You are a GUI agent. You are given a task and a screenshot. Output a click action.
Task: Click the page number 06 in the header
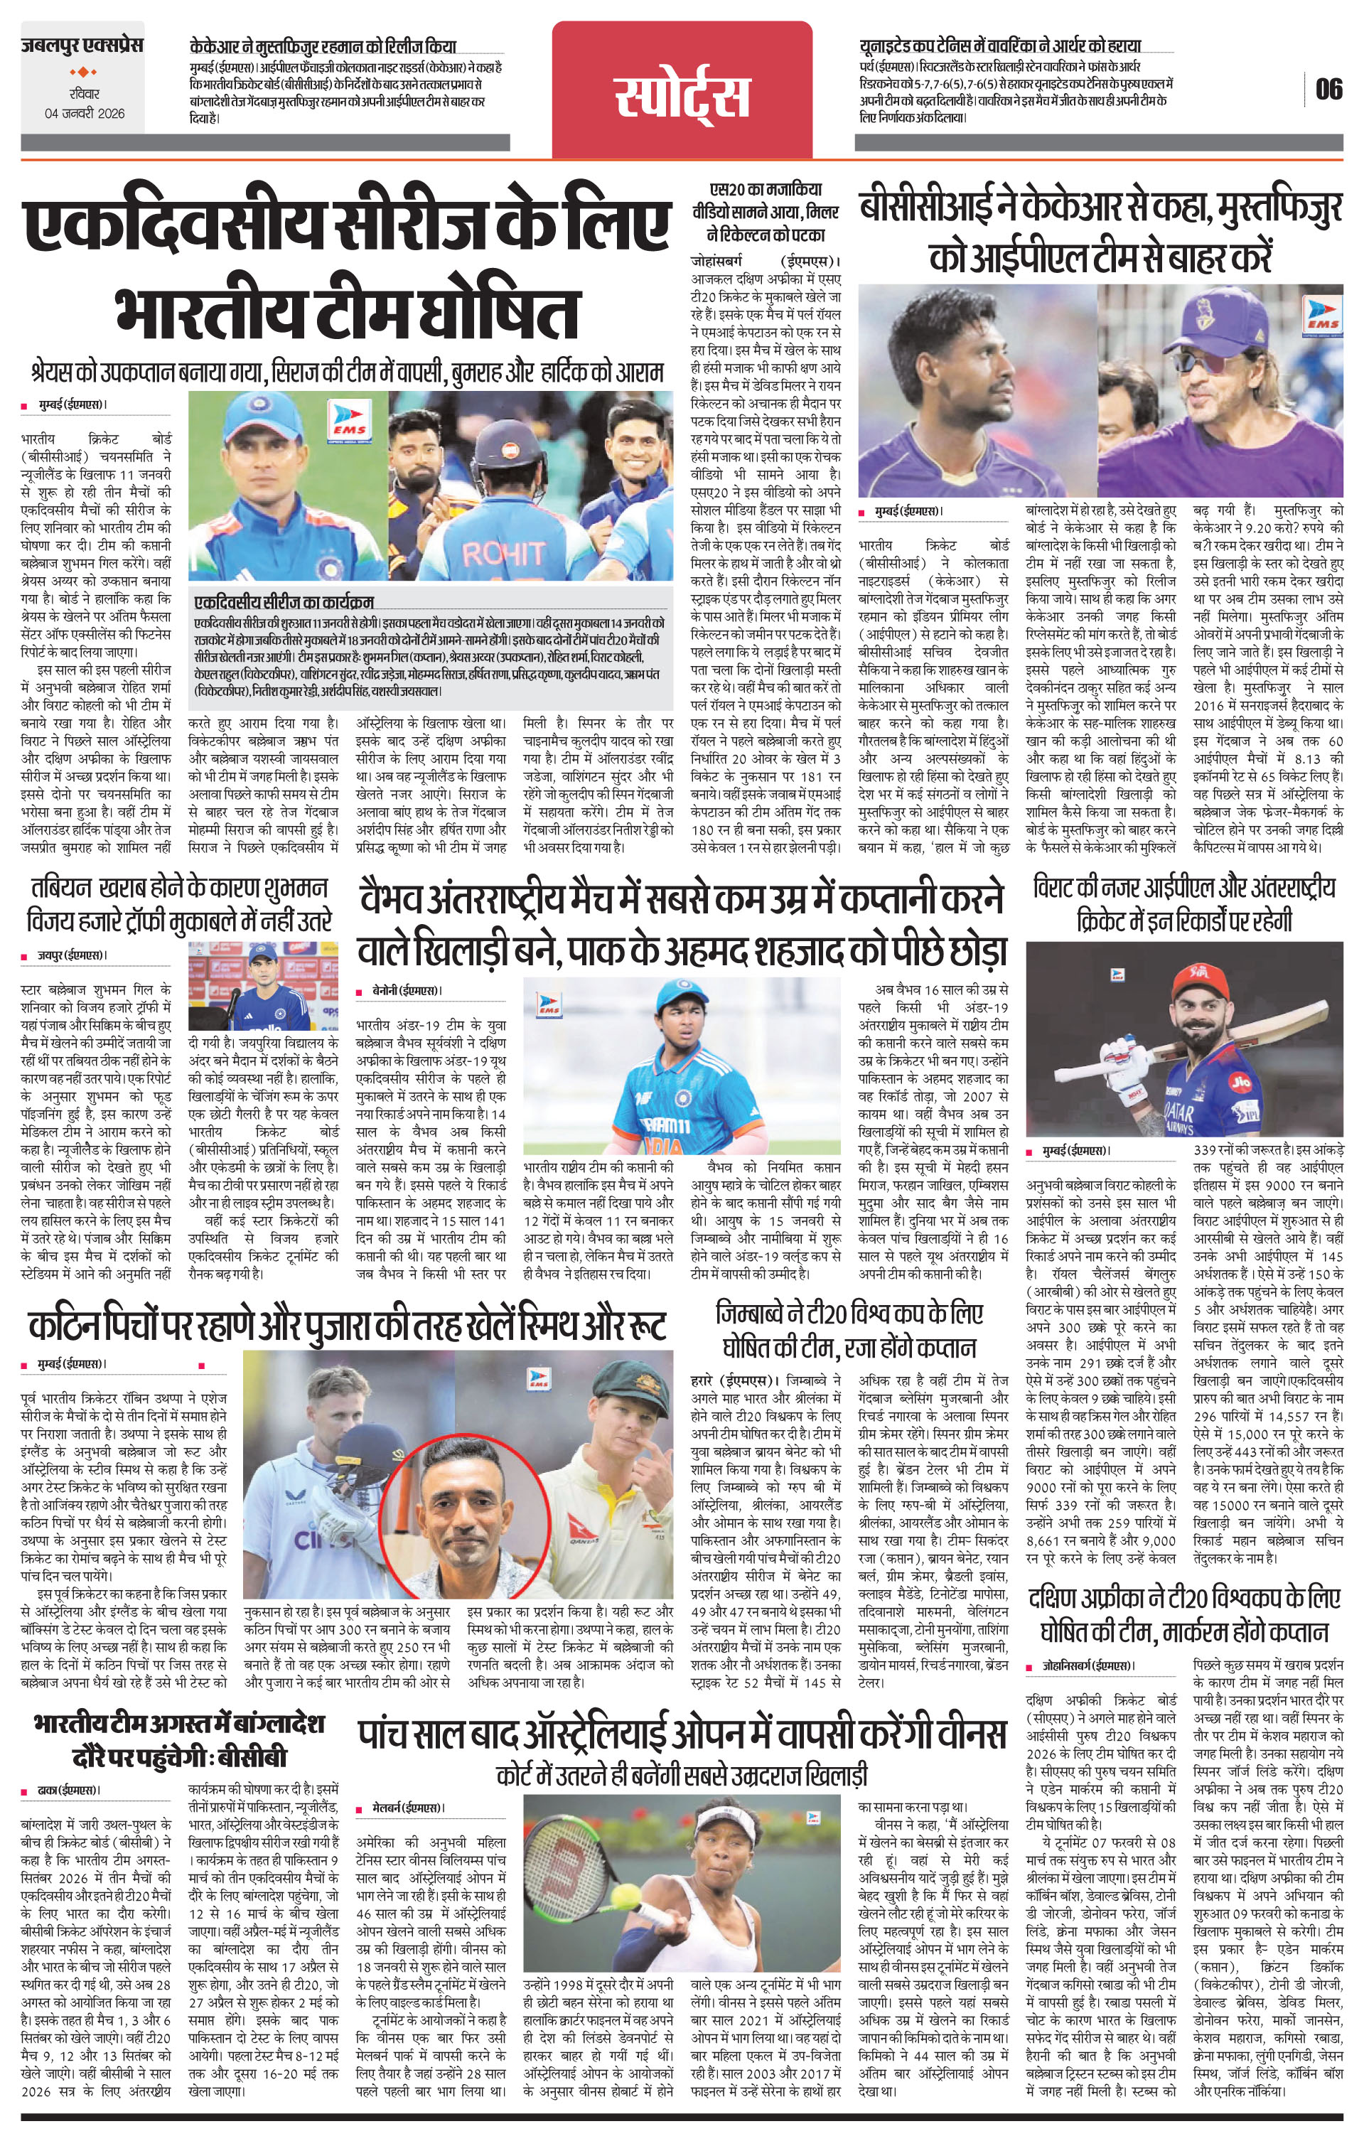tap(1329, 90)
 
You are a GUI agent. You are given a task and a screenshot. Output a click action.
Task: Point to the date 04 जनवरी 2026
tap(85, 114)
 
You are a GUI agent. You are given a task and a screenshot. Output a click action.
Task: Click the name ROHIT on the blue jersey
tap(503, 554)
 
